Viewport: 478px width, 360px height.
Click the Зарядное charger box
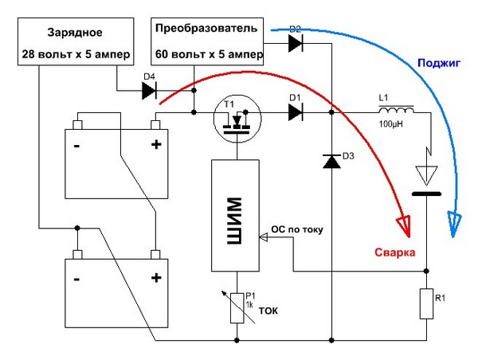tap(76, 43)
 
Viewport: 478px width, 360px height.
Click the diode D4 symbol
tap(148, 91)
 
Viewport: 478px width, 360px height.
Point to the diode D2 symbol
tap(296, 45)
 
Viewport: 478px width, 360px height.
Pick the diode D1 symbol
tap(296, 112)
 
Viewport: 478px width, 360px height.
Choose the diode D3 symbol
tap(331, 161)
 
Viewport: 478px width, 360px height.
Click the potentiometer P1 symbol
tap(237, 307)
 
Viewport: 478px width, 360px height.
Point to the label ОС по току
tap(300, 229)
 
